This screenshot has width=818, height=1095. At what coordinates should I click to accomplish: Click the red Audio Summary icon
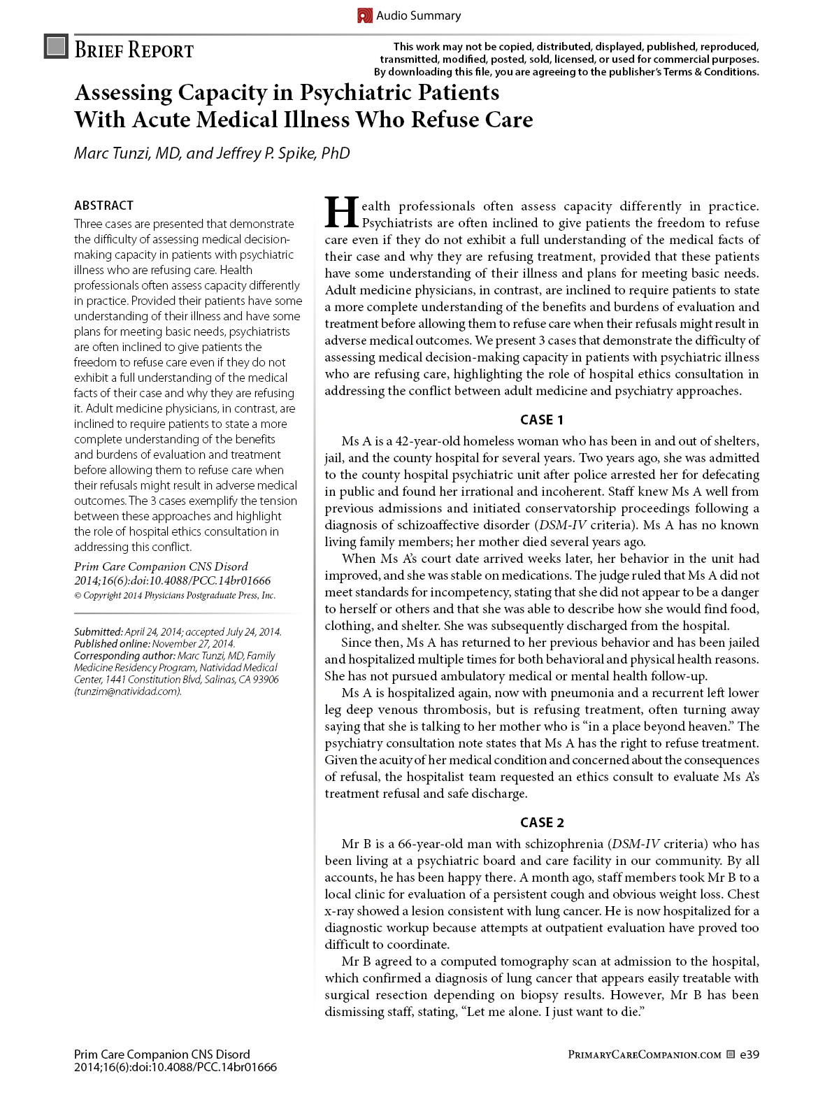[x=364, y=15]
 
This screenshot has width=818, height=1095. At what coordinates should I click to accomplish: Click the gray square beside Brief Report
[x=56, y=46]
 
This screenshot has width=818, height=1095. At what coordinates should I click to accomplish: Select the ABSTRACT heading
[x=103, y=205]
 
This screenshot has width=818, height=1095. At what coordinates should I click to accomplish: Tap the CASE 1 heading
[x=542, y=420]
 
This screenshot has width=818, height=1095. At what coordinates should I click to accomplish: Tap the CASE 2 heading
[x=542, y=822]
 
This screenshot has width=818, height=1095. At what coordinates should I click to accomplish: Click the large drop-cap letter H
[x=342, y=212]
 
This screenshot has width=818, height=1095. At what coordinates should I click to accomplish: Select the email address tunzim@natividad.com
[x=128, y=692]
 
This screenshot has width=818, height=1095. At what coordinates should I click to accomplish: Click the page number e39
[x=749, y=1054]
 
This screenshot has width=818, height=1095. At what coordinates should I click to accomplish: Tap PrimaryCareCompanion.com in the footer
[x=644, y=1054]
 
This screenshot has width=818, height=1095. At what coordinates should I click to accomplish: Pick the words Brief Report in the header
[x=134, y=50]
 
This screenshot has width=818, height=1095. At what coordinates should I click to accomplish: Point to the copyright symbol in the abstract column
[x=78, y=596]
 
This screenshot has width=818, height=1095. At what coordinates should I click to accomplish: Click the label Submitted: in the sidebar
[x=99, y=632]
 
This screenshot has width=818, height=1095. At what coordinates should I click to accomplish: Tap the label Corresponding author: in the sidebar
[x=124, y=656]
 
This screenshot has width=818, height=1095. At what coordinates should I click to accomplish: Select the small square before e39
[x=730, y=1054]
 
